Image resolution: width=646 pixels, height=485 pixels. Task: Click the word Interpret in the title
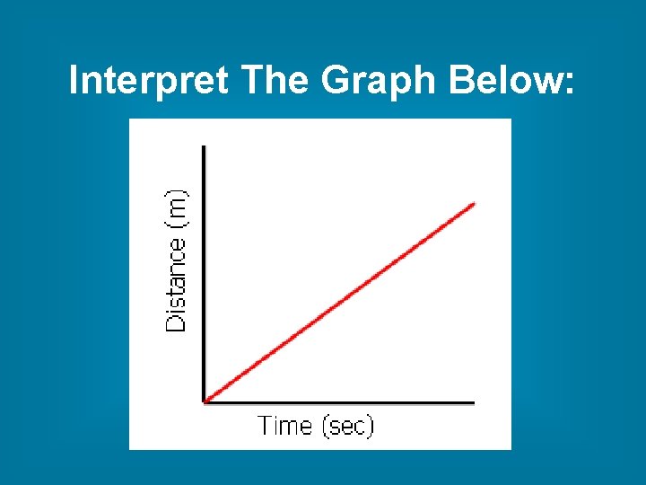[x=150, y=82]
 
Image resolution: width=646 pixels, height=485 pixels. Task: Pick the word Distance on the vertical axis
[x=178, y=286]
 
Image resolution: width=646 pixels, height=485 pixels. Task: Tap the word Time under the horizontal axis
[x=285, y=425]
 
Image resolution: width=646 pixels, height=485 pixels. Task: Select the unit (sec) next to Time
[x=345, y=426]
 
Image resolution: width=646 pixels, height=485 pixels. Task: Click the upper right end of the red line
[x=474, y=203]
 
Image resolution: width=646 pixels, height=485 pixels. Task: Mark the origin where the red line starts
[x=205, y=401]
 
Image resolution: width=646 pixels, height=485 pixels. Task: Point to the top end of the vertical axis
[x=205, y=145]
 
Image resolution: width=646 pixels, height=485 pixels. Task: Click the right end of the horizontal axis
[x=474, y=402]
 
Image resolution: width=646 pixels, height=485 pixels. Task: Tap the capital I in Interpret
[x=74, y=82]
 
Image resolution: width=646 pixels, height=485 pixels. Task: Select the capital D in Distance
[x=178, y=322]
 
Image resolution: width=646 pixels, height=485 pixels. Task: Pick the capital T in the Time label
[x=266, y=425]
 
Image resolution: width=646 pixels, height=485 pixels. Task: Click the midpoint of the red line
[x=340, y=303]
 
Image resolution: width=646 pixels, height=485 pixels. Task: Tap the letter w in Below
[x=546, y=84]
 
